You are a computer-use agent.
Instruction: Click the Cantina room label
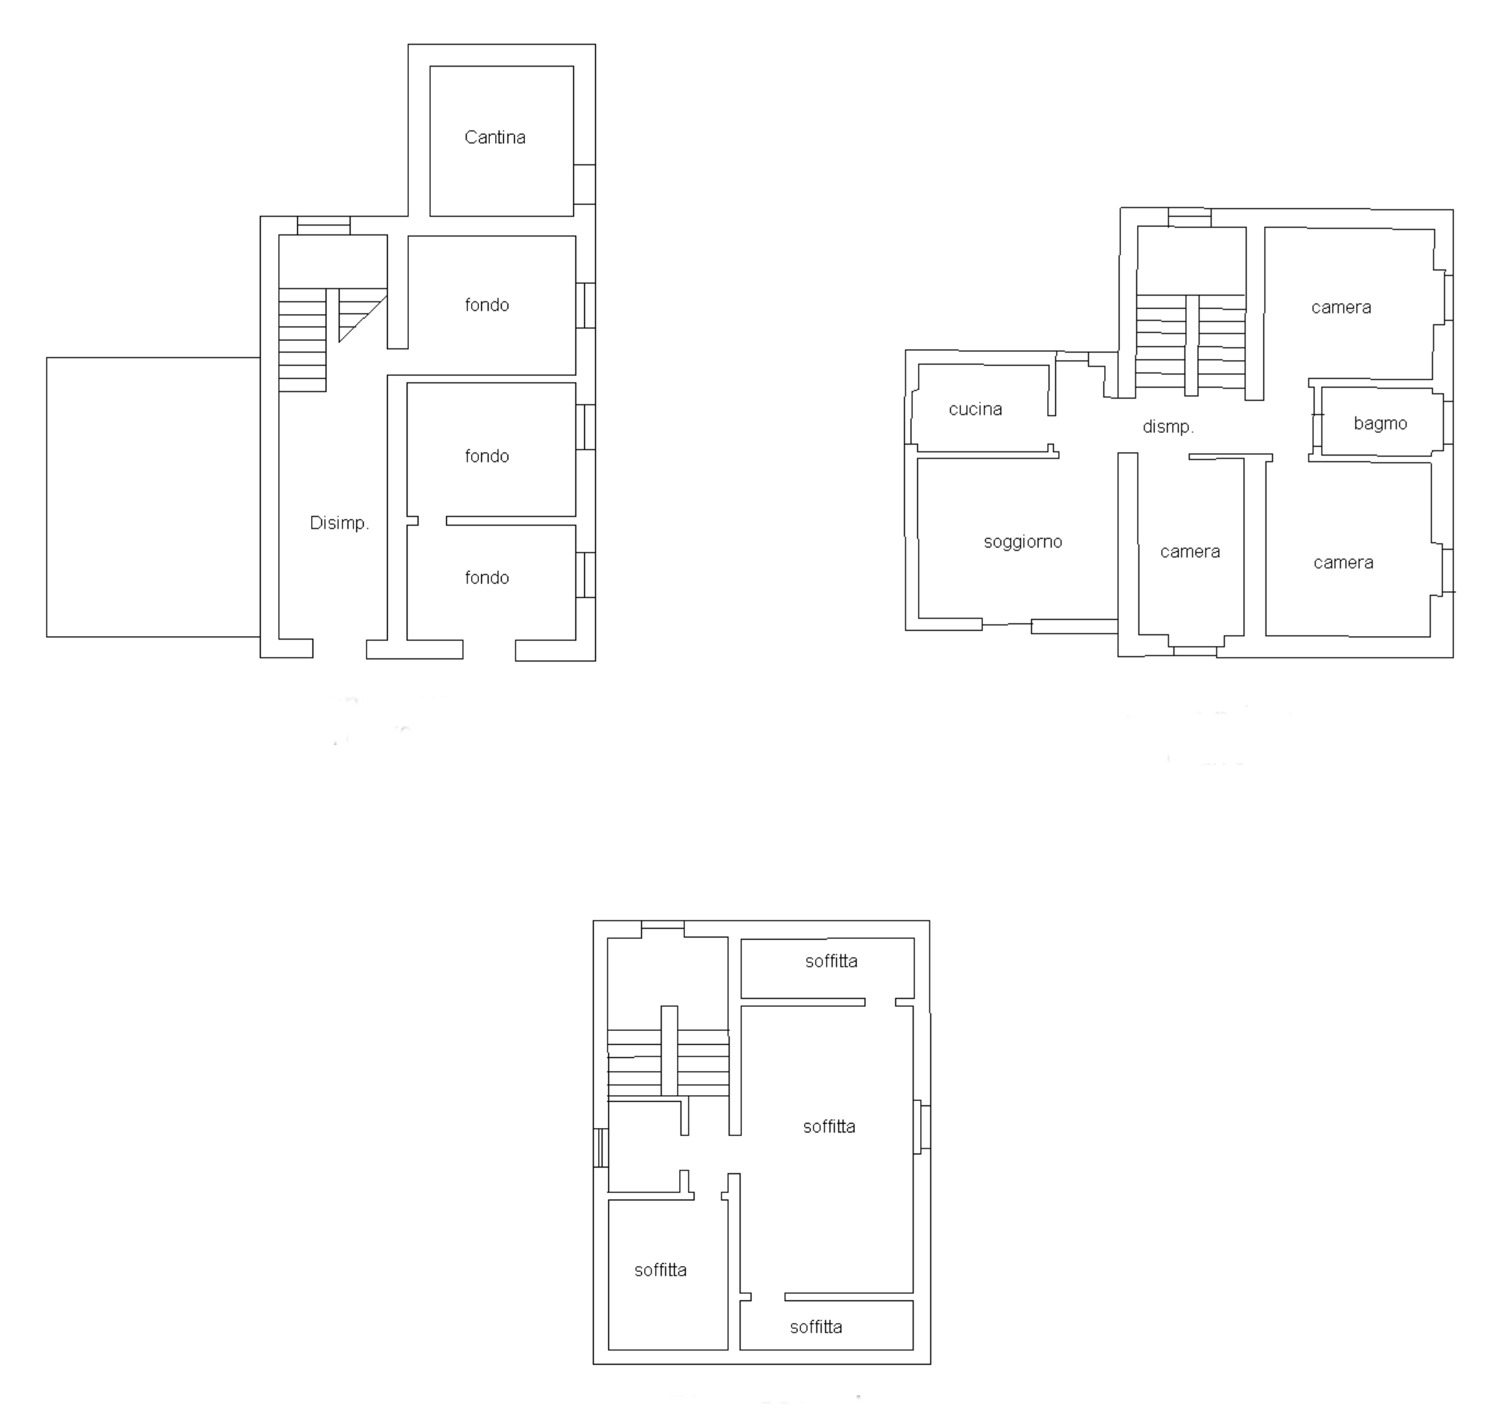click(494, 137)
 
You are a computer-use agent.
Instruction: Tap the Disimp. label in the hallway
click(339, 523)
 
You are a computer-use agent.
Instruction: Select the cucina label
click(975, 409)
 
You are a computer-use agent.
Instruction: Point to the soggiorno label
click(1022, 542)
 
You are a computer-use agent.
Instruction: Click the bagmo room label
click(1380, 423)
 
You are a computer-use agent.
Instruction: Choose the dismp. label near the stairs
click(1168, 426)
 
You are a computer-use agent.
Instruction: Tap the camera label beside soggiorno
click(1190, 552)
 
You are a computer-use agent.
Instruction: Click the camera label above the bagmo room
click(1341, 307)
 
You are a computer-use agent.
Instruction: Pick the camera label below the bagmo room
click(1344, 562)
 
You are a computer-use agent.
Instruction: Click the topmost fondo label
click(486, 304)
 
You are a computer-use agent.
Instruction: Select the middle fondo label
click(486, 456)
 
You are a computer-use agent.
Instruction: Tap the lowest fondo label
click(486, 578)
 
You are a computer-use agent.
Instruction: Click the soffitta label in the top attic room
click(831, 961)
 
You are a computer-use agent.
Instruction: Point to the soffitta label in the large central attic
click(829, 1127)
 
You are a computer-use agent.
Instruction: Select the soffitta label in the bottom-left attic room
click(660, 1270)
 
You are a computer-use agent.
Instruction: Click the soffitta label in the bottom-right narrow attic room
click(816, 1327)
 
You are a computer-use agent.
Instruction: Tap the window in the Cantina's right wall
click(584, 184)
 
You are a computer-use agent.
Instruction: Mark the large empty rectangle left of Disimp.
click(153, 497)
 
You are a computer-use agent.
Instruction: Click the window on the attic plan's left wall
click(601, 1148)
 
